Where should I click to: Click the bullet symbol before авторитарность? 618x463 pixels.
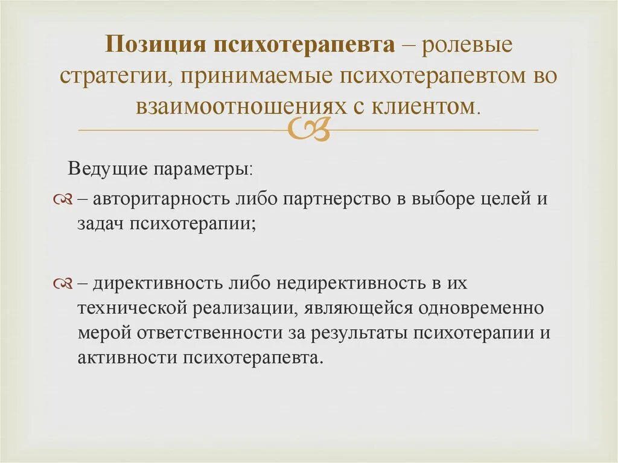tap(63, 199)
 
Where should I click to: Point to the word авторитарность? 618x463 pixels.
tap(161, 199)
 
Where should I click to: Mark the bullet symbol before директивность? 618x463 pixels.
tap(63, 284)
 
